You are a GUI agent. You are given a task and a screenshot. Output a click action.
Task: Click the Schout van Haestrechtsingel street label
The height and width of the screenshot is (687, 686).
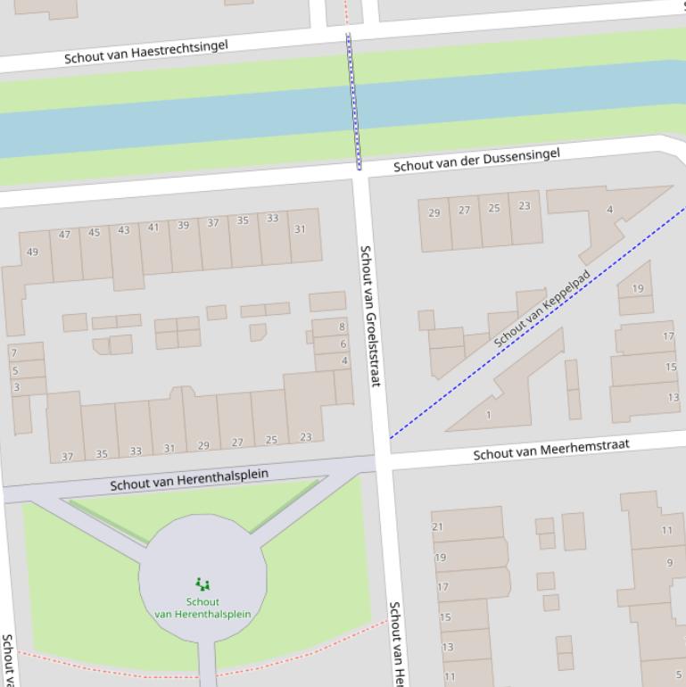(145, 51)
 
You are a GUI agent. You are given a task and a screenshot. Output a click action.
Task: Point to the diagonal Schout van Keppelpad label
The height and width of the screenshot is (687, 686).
(541, 308)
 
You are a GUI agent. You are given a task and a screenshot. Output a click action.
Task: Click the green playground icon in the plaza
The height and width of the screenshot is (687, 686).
(202, 584)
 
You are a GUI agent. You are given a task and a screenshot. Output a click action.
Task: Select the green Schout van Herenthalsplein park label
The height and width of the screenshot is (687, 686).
(202, 608)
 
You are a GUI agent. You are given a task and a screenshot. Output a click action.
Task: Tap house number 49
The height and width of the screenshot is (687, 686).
(33, 252)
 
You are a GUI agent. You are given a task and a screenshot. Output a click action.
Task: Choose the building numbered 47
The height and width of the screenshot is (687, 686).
(64, 235)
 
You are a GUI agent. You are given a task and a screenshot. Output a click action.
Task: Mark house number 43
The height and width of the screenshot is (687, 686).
(123, 230)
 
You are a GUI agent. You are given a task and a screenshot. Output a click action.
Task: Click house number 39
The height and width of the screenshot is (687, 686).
(183, 225)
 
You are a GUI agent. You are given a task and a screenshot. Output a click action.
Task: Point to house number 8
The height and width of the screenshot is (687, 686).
(342, 327)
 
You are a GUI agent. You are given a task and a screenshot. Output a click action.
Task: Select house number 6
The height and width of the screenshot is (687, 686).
(343, 343)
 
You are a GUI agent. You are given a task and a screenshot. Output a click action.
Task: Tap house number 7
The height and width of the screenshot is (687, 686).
(14, 353)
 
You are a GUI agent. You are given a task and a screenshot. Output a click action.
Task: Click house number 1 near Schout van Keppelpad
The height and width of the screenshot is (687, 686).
(488, 415)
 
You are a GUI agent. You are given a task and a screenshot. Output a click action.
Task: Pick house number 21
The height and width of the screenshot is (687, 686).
(437, 526)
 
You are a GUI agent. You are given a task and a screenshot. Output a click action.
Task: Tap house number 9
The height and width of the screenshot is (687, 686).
(669, 563)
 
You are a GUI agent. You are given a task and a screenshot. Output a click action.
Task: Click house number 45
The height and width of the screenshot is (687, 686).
(94, 233)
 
